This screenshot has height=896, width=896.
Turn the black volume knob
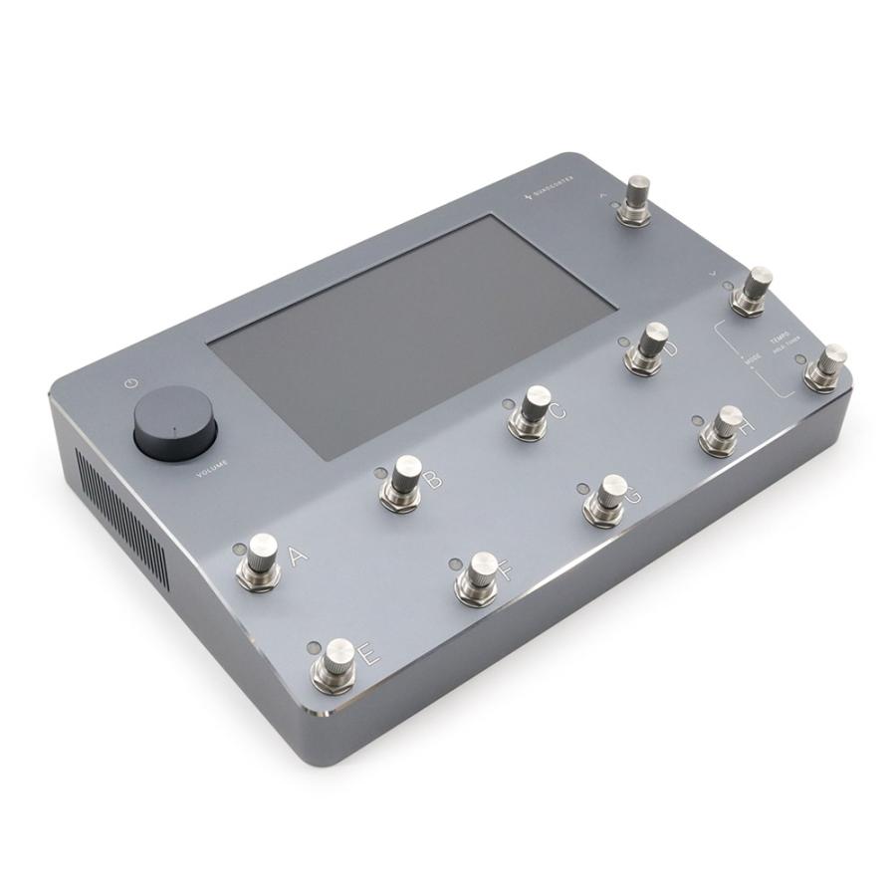point(175,424)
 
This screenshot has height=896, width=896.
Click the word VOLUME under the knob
point(213,466)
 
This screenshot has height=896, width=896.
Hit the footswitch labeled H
point(723,429)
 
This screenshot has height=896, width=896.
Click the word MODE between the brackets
point(753,357)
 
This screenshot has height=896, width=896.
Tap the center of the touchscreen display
point(411,334)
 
